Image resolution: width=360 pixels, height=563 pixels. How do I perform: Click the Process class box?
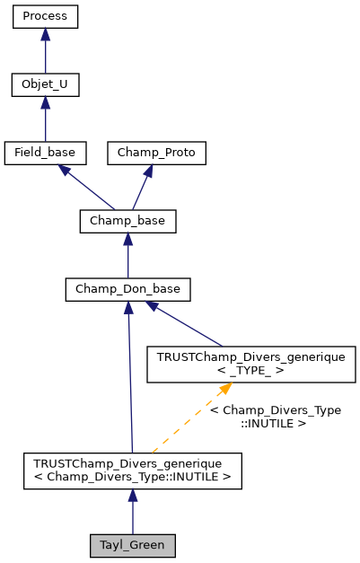click(45, 17)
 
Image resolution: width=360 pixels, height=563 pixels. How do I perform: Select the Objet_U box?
click(45, 85)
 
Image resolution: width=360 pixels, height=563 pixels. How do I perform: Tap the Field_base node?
click(45, 153)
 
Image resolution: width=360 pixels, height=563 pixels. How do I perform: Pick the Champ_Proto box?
click(156, 153)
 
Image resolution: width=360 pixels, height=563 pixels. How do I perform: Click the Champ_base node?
click(127, 221)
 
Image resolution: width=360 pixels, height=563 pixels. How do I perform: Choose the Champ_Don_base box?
click(127, 289)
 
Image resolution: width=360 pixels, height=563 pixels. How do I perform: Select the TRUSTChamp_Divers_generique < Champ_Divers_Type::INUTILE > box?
click(132, 470)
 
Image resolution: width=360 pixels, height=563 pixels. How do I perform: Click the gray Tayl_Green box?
click(132, 544)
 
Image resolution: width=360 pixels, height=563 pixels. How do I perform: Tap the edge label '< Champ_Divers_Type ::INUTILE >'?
click(275, 416)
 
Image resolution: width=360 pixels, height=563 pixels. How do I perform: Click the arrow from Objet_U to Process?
click(45, 54)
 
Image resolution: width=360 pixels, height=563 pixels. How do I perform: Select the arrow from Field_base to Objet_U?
click(45, 121)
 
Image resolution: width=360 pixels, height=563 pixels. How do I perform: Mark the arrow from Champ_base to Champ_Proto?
click(142, 189)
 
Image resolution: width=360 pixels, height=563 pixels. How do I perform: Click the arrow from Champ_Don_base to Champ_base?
click(127, 257)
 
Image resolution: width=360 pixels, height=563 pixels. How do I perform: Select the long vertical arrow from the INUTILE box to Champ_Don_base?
click(130, 377)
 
